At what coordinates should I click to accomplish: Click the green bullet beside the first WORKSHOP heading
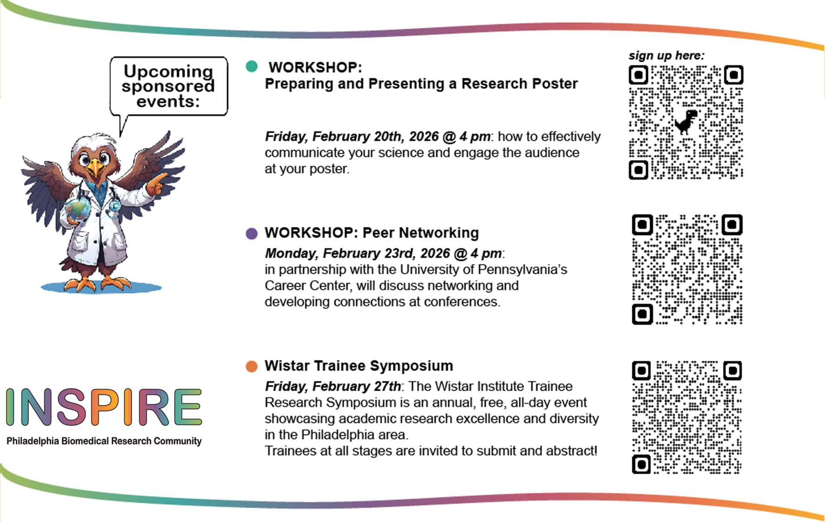pyautogui.click(x=252, y=66)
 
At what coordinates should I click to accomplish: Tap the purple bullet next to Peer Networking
pyautogui.click(x=252, y=233)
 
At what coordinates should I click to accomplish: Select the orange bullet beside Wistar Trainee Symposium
pyautogui.click(x=252, y=367)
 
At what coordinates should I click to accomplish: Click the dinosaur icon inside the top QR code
pyautogui.click(x=686, y=122)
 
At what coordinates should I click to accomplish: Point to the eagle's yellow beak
pyautogui.click(x=96, y=168)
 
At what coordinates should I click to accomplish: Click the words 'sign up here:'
pyautogui.click(x=667, y=56)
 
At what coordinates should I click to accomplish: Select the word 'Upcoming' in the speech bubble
pyautogui.click(x=168, y=71)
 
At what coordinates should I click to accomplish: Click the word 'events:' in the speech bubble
pyautogui.click(x=168, y=101)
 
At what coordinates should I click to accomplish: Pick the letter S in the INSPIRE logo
pyautogui.click(x=72, y=407)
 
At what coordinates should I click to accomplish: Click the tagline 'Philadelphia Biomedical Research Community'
pyautogui.click(x=104, y=441)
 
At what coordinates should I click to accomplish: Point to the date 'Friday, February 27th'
pyautogui.click(x=333, y=386)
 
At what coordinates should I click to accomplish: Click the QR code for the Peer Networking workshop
pyautogui.click(x=687, y=270)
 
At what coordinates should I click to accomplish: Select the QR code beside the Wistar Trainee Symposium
pyautogui.click(x=687, y=418)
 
